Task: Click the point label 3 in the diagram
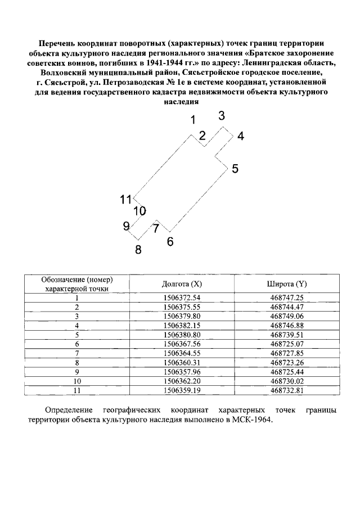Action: coord(222,116)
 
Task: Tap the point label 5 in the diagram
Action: coord(235,168)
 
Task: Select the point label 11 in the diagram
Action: coord(125,199)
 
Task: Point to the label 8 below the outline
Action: coord(138,250)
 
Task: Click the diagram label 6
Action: coord(170,242)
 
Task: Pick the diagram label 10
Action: coord(139,211)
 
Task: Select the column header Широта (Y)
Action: coord(287,284)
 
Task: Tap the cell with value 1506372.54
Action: coord(182,298)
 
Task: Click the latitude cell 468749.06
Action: coord(287,316)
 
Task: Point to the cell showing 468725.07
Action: coord(287,344)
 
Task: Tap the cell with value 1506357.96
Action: coord(182,371)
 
